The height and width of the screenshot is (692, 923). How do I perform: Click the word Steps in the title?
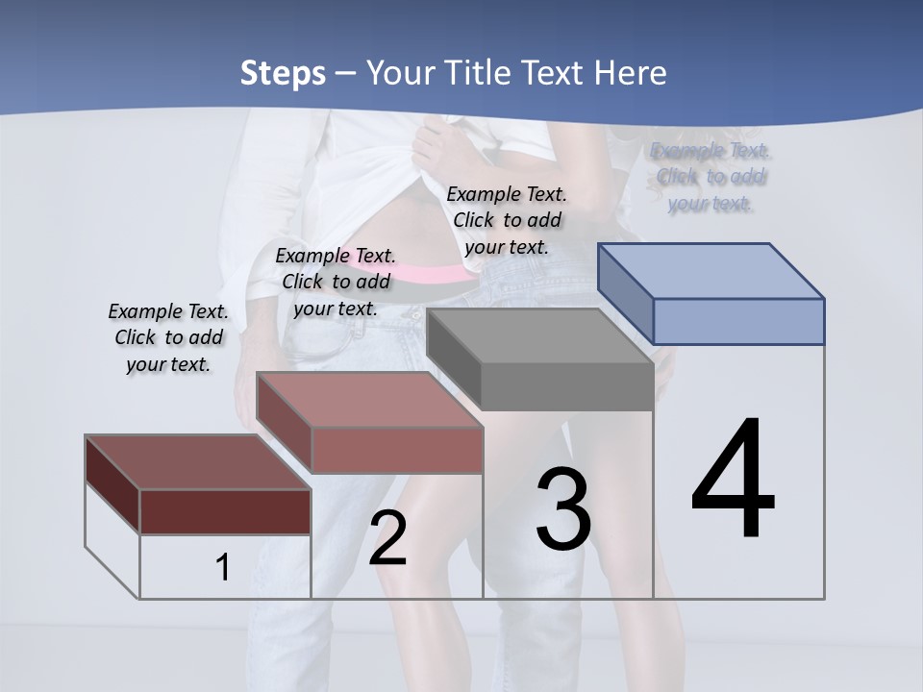[x=283, y=73]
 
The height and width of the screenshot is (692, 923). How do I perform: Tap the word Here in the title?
[x=630, y=73]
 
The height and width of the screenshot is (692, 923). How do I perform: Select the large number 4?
[x=733, y=481]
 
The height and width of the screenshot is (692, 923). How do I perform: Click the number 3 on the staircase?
[x=563, y=508]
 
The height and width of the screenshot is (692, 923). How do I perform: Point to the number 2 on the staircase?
[x=388, y=538]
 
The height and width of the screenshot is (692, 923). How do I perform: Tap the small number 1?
[x=222, y=568]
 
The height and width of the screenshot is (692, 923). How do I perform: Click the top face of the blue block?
[x=711, y=270]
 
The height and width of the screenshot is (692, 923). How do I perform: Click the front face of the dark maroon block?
[x=225, y=511]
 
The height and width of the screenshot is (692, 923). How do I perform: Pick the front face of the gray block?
[x=567, y=387]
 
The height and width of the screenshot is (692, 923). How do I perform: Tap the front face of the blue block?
[x=738, y=321]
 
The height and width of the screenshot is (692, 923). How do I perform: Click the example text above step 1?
[x=168, y=337]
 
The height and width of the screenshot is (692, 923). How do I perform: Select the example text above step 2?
[x=336, y=282]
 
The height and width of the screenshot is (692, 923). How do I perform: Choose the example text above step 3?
[x=507, y=220]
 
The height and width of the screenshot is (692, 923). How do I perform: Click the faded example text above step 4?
[x=711, y=177]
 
